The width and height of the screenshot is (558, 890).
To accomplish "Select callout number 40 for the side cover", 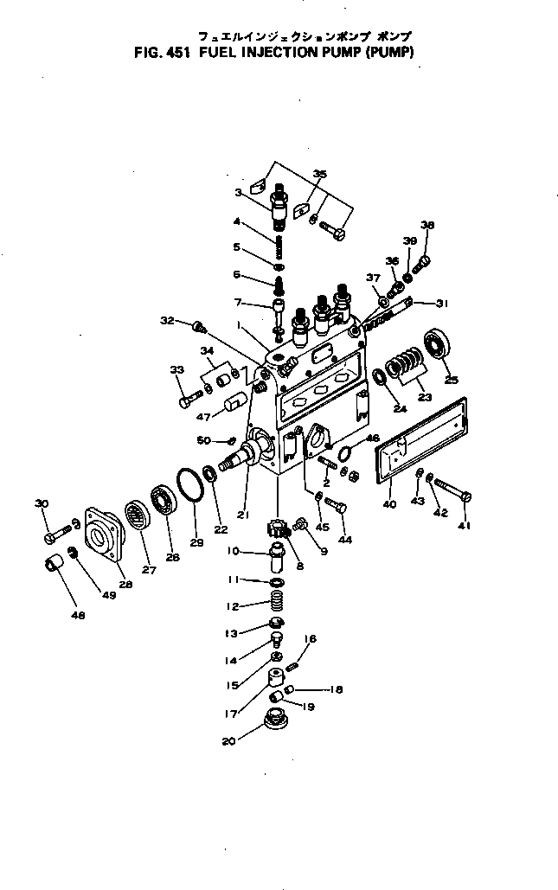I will click(x=389, y=505).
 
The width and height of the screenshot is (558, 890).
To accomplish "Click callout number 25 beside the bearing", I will click(x=451, y=380).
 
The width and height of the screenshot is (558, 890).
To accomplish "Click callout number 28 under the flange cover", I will click(x=126, y=585).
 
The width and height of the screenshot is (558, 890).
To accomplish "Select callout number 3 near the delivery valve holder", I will click(x=239, y=193).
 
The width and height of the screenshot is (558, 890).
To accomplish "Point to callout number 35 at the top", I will click(x=319, y=175).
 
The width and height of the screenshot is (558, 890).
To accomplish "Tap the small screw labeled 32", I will click(x=200, y=326).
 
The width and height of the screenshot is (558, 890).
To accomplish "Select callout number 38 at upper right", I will click(x=427, y=225).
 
